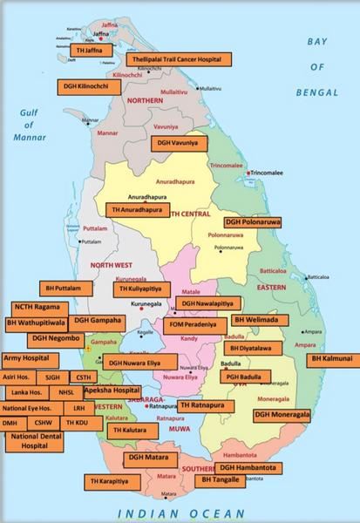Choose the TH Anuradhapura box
(138, 210)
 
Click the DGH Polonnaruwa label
(253, 222)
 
